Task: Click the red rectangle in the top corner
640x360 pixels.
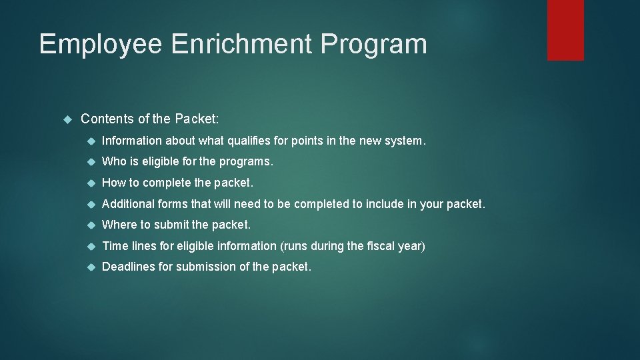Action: pos(565,30)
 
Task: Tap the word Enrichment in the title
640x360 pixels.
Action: pos(241,44)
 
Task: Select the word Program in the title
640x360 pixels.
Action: pos(373,45)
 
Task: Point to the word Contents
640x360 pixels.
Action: pos(105,119)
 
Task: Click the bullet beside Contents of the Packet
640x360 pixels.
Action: pos(67,119)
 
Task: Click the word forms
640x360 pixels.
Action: pos(173,204)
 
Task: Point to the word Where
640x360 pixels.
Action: pos(118,225)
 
